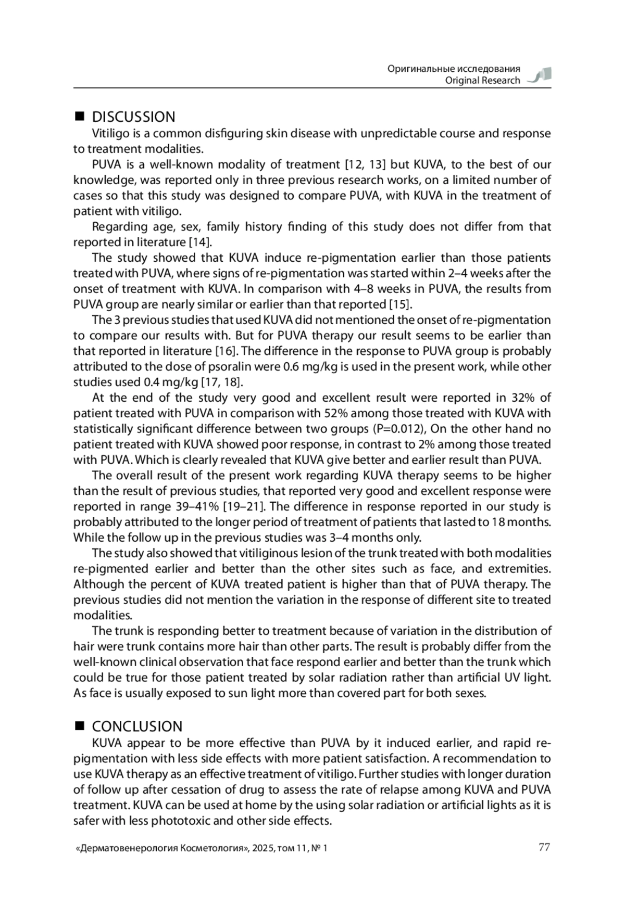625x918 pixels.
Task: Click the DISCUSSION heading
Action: pos(133,117)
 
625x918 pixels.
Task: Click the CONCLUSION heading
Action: pos(137,726)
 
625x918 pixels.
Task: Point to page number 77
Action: pos(544,847)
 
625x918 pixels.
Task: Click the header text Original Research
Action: pos(482,80)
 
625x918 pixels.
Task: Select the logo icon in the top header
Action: pos(540,75)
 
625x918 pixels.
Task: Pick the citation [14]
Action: pos(201,242)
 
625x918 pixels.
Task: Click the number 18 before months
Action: pos(497,522)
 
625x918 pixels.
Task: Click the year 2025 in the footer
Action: pos(262,848)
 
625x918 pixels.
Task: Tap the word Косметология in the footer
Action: pos(212,848)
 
